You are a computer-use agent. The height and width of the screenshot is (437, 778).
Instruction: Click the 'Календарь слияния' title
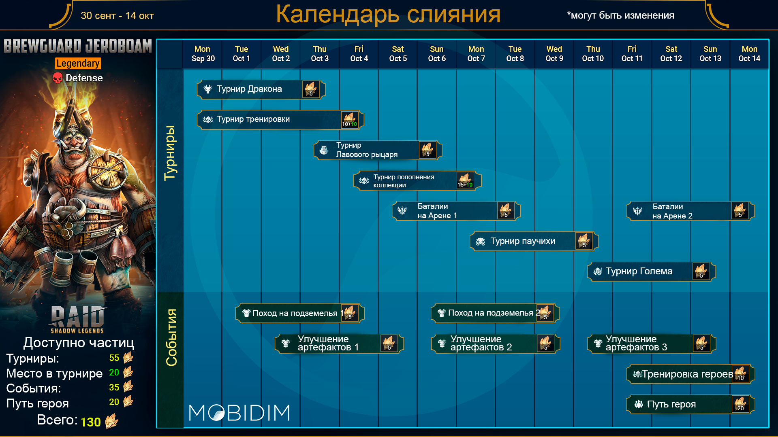388,15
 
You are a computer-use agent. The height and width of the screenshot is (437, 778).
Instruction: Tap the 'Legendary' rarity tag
78,63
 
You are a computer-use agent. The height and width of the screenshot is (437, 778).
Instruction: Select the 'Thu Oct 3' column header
320,54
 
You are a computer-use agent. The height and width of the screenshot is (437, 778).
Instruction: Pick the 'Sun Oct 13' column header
710,54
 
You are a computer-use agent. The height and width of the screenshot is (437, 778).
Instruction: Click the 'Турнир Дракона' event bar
261,89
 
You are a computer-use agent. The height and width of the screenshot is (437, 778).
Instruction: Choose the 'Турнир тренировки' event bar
280,120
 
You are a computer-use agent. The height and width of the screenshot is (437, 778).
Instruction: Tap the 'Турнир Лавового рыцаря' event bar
378,150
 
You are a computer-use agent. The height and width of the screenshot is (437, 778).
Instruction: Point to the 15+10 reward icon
465,180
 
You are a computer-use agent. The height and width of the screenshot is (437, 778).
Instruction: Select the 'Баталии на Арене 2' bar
690,211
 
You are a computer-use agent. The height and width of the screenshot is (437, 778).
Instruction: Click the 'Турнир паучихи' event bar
534,241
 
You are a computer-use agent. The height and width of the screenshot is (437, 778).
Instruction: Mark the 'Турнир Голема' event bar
652,272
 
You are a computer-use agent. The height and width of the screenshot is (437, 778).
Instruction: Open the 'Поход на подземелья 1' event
300,313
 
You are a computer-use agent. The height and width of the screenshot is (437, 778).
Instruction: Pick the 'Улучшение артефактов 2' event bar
496,344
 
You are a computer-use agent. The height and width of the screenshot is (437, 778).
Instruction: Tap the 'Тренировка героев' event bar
690,374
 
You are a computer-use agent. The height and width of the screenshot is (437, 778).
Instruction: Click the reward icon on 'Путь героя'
741,404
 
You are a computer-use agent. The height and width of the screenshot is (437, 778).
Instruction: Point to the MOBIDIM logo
239,413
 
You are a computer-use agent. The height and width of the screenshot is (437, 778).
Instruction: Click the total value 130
90,422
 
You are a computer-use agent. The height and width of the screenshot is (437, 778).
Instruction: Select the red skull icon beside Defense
58,78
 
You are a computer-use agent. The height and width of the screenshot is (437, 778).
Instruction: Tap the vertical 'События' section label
171,337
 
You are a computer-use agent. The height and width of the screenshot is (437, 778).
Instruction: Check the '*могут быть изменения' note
620,15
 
